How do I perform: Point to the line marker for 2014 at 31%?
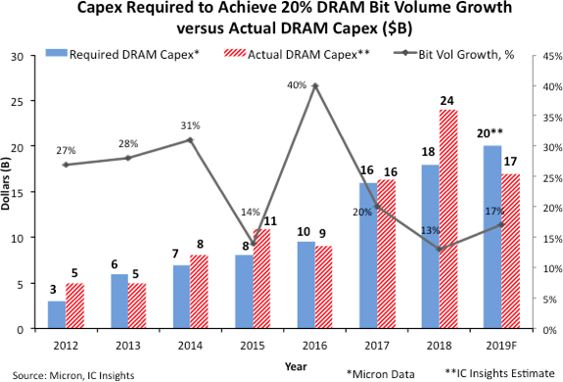(190, 140)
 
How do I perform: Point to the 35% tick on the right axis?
(540, 117)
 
